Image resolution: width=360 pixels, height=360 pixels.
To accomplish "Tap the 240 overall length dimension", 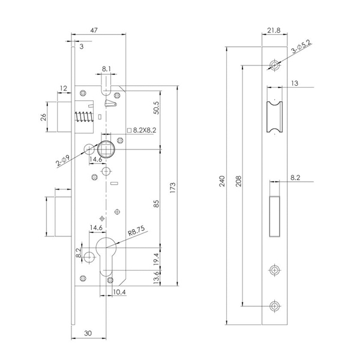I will [x=222, y=181].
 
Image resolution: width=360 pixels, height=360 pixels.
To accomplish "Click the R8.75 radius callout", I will [x=135, y=229].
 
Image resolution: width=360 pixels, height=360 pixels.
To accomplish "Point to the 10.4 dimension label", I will [x=118, y=292].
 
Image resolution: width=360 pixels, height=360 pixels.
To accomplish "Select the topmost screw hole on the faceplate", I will [x=274, y=65].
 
